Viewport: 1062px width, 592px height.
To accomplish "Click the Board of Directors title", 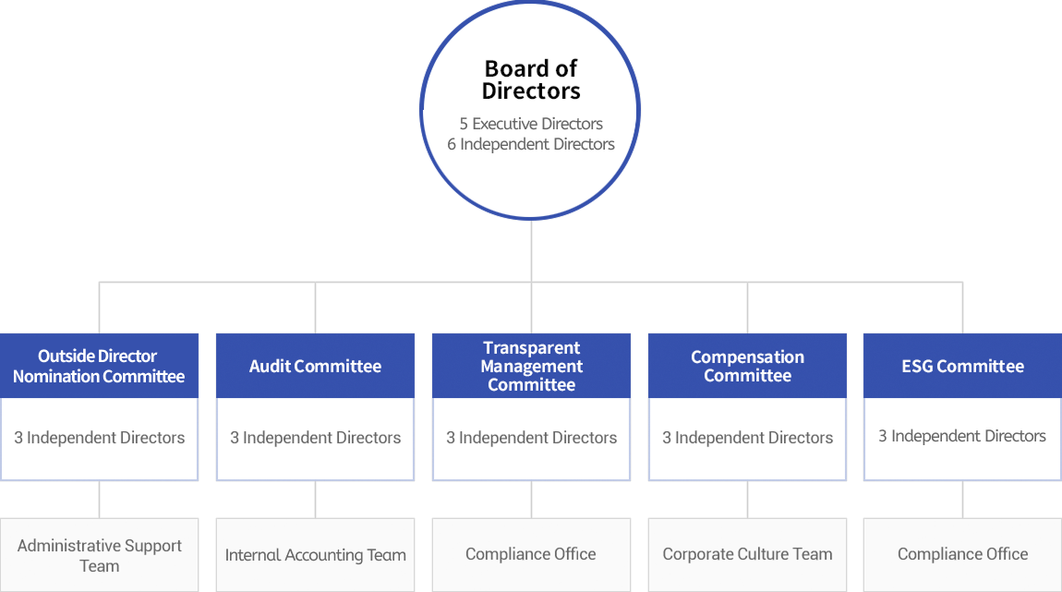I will coord(531,80).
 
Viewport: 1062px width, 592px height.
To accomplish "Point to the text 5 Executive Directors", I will coord(531,124).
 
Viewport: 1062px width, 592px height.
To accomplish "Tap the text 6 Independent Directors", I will coord(531,144).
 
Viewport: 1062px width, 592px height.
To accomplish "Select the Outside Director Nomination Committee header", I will coord(99,366).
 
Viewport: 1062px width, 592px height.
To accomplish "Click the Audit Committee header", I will coord(315,366).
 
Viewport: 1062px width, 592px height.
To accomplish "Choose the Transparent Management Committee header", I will coord(531,366).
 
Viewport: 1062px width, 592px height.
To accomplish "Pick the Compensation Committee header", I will coord(747,366).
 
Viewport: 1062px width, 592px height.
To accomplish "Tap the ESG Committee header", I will coord(962,366).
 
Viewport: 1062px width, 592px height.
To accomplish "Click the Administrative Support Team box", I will coord(99,555).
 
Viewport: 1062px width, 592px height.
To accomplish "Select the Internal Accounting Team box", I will coord(315,555).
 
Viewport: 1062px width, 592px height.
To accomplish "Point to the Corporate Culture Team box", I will coord(747,555).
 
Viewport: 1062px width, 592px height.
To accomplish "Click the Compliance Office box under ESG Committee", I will coord(962,555).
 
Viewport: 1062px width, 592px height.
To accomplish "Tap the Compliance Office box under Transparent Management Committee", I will coord(531,555).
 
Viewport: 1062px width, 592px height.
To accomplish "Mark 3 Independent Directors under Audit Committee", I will coord(315,438).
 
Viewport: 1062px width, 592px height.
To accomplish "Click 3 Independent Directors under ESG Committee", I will coord(962,436).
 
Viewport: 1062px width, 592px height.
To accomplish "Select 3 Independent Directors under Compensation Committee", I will coord(747,438).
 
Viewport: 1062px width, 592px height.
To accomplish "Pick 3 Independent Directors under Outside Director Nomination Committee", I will coord(99,438).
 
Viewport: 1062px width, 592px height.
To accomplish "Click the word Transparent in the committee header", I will coord(531,348).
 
